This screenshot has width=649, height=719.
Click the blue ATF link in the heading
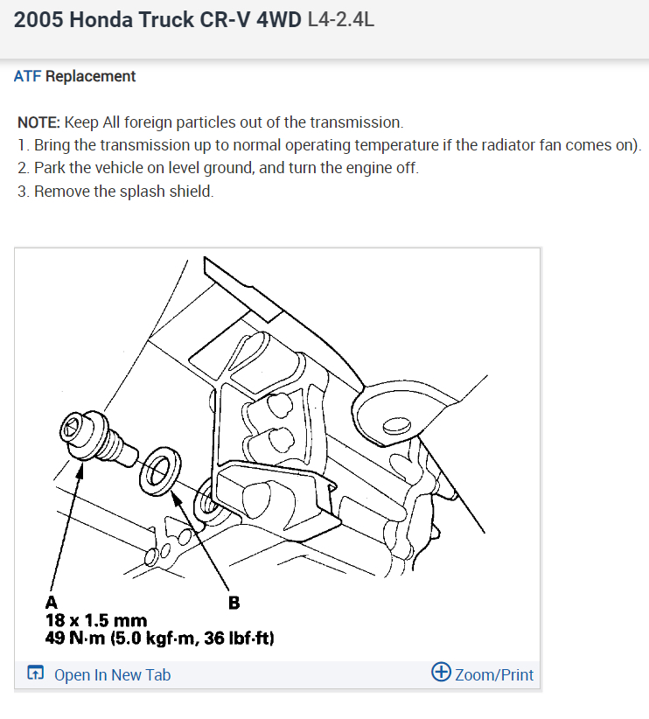[27, 76]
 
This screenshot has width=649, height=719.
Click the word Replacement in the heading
[91, 76]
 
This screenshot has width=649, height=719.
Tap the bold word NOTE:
[38, 122]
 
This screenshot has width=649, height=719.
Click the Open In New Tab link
[112, 674]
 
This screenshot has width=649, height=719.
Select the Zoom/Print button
[493, 674]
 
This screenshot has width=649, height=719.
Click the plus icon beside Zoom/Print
[442, 673]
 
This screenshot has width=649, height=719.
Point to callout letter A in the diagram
[52, 602]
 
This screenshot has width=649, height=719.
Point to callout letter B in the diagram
[234, 602]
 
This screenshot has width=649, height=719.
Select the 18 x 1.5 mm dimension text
[95, 621]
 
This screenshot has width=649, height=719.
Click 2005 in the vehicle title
[38, 19]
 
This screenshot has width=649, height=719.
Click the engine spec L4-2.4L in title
[341, 19]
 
